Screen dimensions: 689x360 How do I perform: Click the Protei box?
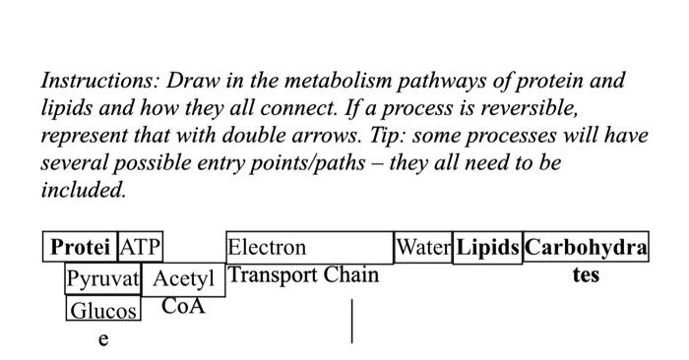point(81,247)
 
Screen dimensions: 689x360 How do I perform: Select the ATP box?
point(141,247)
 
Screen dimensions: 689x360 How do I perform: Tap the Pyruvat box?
point(103,278)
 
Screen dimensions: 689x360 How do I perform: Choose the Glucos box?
point(103,311)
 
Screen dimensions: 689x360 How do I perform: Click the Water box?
point(423,247)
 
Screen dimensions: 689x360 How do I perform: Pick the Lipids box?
point(487,247)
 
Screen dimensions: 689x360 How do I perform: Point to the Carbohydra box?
point(586,247)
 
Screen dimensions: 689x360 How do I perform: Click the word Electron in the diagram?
point(267,247)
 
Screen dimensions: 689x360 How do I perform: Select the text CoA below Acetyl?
point(183,306)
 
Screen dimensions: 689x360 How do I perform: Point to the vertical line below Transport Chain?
point(352,322)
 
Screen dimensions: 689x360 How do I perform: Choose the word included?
point(84,189)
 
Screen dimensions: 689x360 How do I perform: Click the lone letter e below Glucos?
point(102,339)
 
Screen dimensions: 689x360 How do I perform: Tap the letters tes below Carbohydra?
point(586,274)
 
